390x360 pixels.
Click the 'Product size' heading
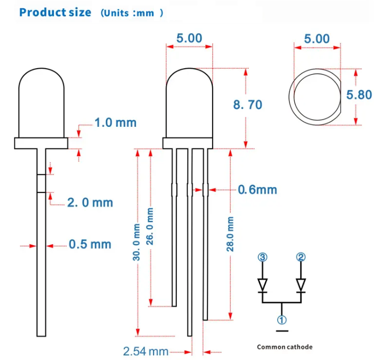pos(55,12)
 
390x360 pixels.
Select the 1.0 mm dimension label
pos(115,123)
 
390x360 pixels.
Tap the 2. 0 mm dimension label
pos(90,202)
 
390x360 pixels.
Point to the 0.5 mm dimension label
pos(90,244)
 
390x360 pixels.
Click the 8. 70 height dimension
pos(248,105)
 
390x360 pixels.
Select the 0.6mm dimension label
pos(257,189)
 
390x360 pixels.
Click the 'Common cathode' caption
pos(285,347)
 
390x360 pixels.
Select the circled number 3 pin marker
pos(262,257)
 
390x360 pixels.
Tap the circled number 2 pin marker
pos(301,257)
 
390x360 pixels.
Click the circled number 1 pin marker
pos(282,319)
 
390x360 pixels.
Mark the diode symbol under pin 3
pos(262,285)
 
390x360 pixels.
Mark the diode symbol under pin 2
pos(301,285)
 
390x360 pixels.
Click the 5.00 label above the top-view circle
pos(316,39)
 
